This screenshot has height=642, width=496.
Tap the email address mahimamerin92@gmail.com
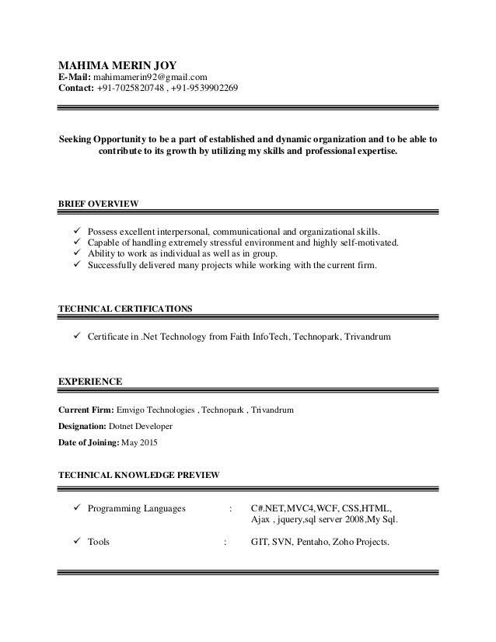coord(150,76)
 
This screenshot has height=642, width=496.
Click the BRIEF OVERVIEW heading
coord(99,204)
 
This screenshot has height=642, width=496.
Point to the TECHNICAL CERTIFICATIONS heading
coord(125,309)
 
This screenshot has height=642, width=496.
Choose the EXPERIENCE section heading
coord(90,382)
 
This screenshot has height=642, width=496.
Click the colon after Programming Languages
coord(231,508)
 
